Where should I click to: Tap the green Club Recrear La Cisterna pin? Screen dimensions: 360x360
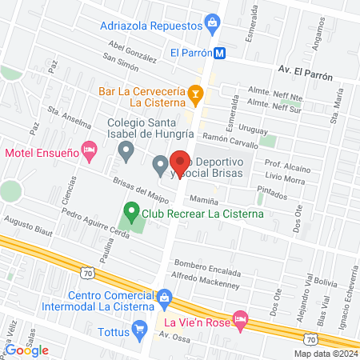click(x=130, y=214)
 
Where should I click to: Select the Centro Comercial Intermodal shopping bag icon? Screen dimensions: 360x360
click(x=165, y=298)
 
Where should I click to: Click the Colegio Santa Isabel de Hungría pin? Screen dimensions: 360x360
click(x=125, y=150)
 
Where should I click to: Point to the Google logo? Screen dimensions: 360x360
click(x=27, y=350)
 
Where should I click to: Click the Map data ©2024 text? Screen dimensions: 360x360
click(x=325, y=354)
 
